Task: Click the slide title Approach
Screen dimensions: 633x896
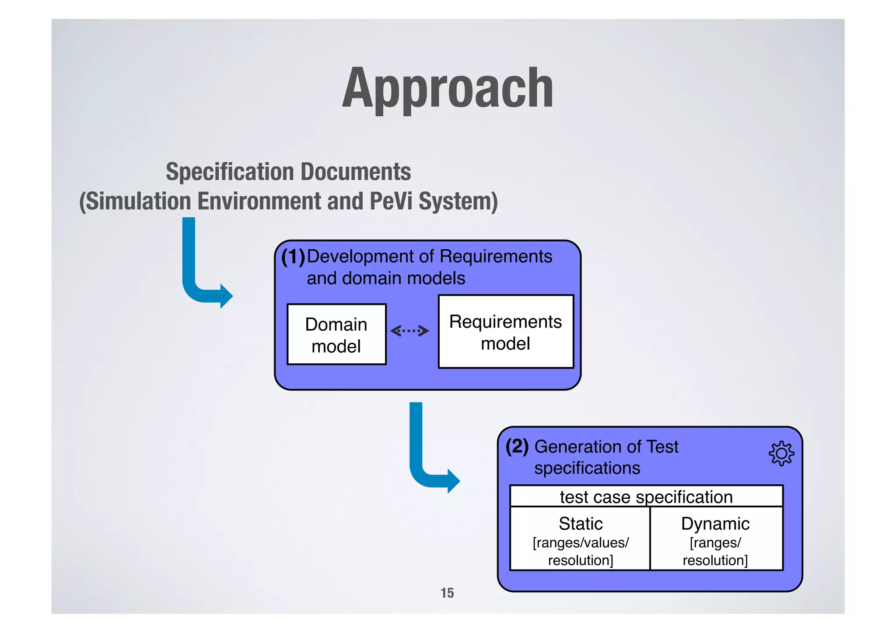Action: point(448,89)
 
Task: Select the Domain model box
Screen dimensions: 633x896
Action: point(336,335)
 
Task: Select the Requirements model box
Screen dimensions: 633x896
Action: point(505,332)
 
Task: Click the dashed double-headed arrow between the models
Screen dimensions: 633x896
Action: point(409,331)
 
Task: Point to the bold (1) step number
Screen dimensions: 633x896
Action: point(293,257)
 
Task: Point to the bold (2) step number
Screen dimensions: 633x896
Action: point(517,447)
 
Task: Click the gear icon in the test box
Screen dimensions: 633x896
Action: point(781,454)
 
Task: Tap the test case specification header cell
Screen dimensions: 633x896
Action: point(646,497)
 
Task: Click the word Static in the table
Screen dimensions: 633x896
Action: point(581,524)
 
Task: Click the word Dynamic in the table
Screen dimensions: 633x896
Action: point(715,524)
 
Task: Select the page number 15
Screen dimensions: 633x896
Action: point(447,593)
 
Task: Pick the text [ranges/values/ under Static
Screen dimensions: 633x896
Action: point(581,543)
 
